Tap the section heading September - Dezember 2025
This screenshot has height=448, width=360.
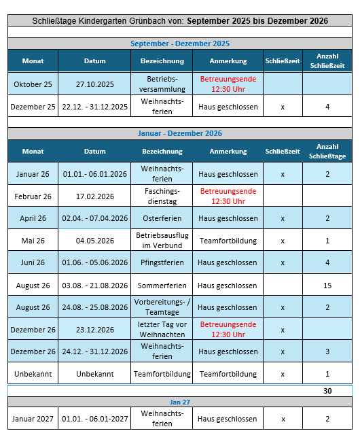click(180, 44)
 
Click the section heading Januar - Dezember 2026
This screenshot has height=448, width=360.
click(180, 133)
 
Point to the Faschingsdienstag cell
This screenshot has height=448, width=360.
click(162, 196)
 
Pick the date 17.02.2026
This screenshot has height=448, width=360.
click(95, 196)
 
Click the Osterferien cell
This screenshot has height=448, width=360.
click(162, 218)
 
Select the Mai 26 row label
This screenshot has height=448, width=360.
click(33, 241)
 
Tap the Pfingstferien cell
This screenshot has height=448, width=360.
click(162, 262)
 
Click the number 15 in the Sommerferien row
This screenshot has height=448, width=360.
click(327, 285)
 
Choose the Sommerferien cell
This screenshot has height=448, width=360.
click(162, 285)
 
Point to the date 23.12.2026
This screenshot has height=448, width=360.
click(95, 329)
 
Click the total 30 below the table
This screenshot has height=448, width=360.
click(327, 391)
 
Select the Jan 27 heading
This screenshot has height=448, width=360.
click(180, 402)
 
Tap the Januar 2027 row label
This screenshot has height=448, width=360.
click(33, 418)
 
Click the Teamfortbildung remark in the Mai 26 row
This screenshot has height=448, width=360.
click(228, 241)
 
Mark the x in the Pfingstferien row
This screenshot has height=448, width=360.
click(283, 262)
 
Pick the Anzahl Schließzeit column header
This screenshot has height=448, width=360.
click(327, 61)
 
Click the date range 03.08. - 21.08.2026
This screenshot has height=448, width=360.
click(95, 285)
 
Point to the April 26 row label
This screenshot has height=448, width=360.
click(33, 218)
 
